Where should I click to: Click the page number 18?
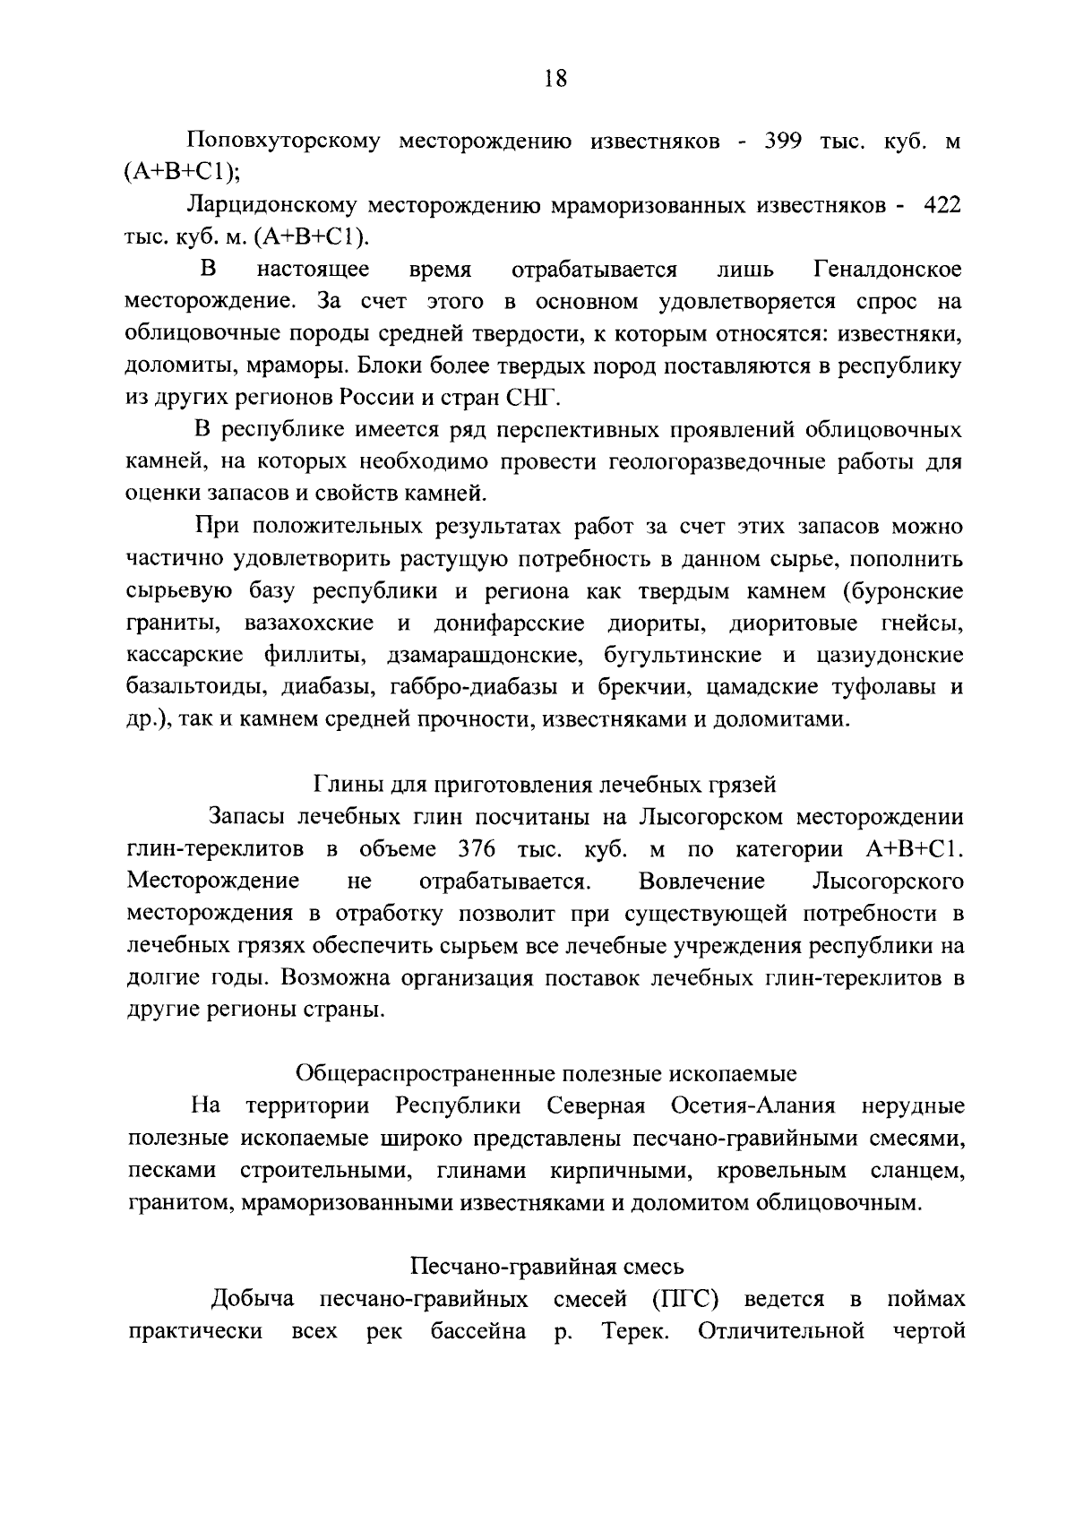coord(555,79)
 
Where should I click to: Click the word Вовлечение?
coord(702,881)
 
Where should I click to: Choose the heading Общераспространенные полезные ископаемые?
coord(546,1073)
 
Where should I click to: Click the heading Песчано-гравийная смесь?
coord(547,1267)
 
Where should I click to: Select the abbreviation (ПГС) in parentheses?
coord(686,1299)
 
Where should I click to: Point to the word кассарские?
coord(185,656)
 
